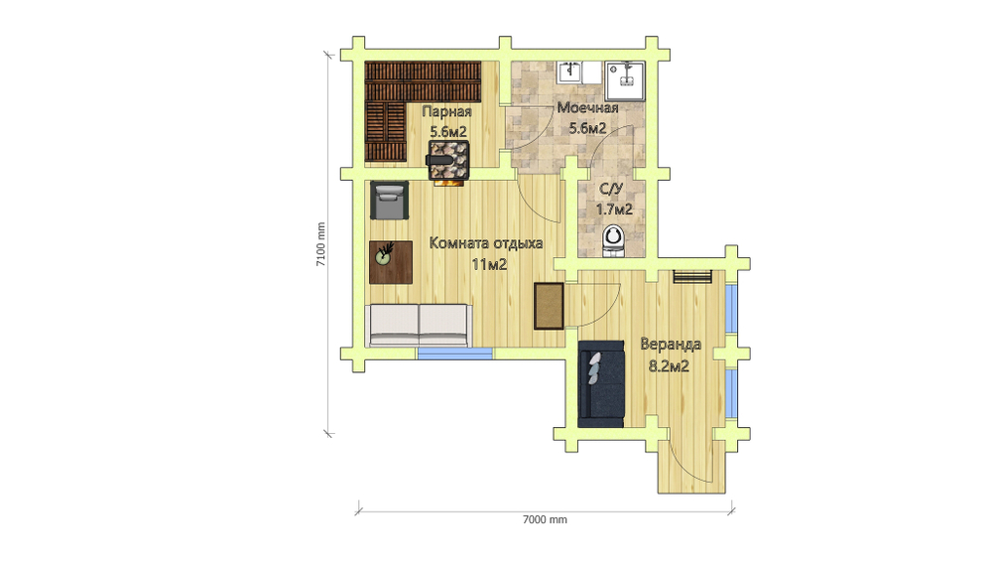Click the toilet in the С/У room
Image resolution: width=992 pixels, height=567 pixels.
pyautogui.click(x=613, y=241)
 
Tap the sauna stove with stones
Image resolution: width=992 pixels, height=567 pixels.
pyautogui.click(x=449, y=160)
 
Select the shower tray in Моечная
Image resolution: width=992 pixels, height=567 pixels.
pyautogui.click(x=624, y=81)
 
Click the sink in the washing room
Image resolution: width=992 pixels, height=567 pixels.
pyautogui.click(x=570, y=72)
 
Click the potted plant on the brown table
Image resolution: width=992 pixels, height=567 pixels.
pyautogui.click(x=384, y=254)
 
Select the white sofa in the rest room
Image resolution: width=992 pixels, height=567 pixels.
pyautogui.click(x=419, y=325)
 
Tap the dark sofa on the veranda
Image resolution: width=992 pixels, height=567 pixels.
pyautogui.click(x=601, y=384)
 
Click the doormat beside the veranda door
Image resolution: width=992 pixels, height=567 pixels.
pyautogui.click(x=549, y=306)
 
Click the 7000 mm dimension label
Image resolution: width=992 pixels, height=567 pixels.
pyautogui.click(x=545, y=520)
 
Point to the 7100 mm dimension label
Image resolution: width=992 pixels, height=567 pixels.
pyautogui.click(x=320, y=244)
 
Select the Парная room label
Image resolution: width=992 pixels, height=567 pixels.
pyautogui.click(x=446, y=111)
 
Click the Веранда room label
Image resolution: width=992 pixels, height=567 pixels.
pyautogui.click(x=671, y=344)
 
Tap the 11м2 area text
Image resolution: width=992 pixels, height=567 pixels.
pyautogui.click(x=489, y=265)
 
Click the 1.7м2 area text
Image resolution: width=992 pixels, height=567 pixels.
pyautogui.click(x=614, y=210)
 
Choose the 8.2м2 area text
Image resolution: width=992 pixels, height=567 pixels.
pyautogui.click(x=669, y=366)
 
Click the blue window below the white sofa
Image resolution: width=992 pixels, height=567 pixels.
pyautogui.click(x=455, y=354)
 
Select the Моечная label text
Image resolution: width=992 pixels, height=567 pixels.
pyautogui.click(x=587, y=107)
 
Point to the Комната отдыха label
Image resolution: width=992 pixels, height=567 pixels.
pyautogui.click(x=486, y=243)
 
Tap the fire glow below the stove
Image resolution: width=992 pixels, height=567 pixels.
pyautogui.click(x=449, y=183)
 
